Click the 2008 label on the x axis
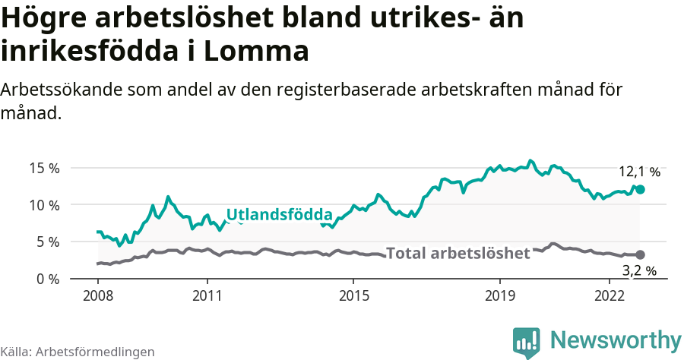click(97, 295)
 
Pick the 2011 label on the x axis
click(207, 295)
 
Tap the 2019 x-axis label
click(500, 295)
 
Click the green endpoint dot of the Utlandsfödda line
click(640, 189)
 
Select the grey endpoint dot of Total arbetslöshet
click(640, 255)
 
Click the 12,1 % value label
click(639, 172)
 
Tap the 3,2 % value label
click(639, 270)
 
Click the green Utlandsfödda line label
click(280, 214)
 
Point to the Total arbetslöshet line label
click(458, 253)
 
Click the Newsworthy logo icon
click(527, 343)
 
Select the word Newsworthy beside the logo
click(616, 339)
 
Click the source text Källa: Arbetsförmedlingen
click(78, 352)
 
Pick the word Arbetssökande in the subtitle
click(56, 90)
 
